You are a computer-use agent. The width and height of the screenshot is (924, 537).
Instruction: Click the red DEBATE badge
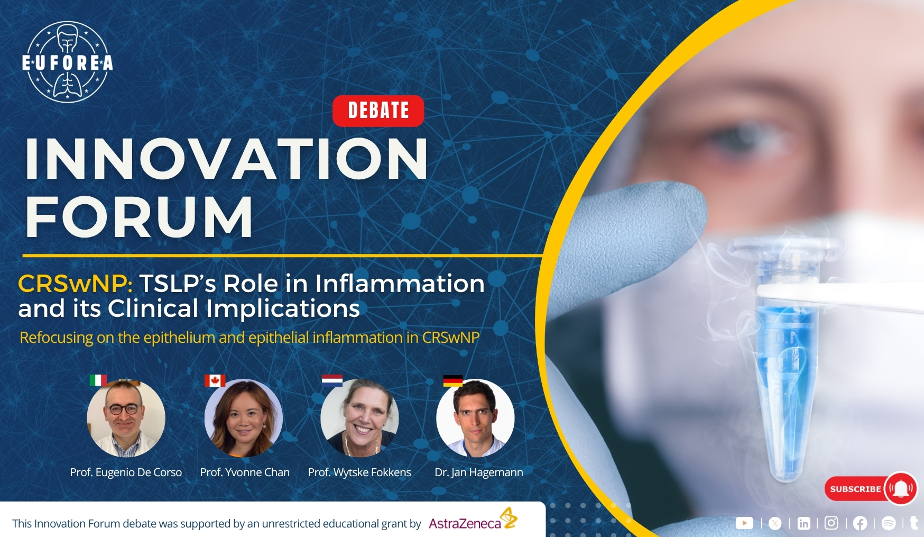pos(378,111)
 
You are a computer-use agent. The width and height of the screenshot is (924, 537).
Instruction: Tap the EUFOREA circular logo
pos(67,62)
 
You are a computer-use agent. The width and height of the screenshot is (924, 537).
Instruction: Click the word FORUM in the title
pos(140,216)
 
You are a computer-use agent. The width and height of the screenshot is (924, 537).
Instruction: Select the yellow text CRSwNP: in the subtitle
pos(75,284)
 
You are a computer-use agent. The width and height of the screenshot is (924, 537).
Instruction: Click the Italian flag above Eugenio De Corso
pos(98,380)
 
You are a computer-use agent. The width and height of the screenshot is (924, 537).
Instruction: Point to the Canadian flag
pos(215,380)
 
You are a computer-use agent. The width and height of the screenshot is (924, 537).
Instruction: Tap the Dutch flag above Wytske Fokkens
pos(332,380)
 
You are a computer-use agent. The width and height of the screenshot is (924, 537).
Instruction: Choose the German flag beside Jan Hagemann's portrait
pos(452,381)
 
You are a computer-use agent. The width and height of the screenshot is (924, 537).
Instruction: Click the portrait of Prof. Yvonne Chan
pos(244,418)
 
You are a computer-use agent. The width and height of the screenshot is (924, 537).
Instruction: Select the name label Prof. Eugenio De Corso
pos(126,472)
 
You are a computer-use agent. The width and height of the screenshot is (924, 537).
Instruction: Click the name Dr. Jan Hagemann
pos(479,472)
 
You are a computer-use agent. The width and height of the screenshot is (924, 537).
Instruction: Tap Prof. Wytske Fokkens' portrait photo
pos(359,418)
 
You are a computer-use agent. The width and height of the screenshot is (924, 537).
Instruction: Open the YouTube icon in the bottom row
pos(744,523)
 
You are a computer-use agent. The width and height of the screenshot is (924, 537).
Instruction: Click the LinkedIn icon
pos(803,523)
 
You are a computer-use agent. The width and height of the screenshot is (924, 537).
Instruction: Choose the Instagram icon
pos(831,523)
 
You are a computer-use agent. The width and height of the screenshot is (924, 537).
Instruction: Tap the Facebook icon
pos(860,523)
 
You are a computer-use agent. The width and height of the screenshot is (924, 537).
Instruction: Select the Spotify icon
pos(889,523)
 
